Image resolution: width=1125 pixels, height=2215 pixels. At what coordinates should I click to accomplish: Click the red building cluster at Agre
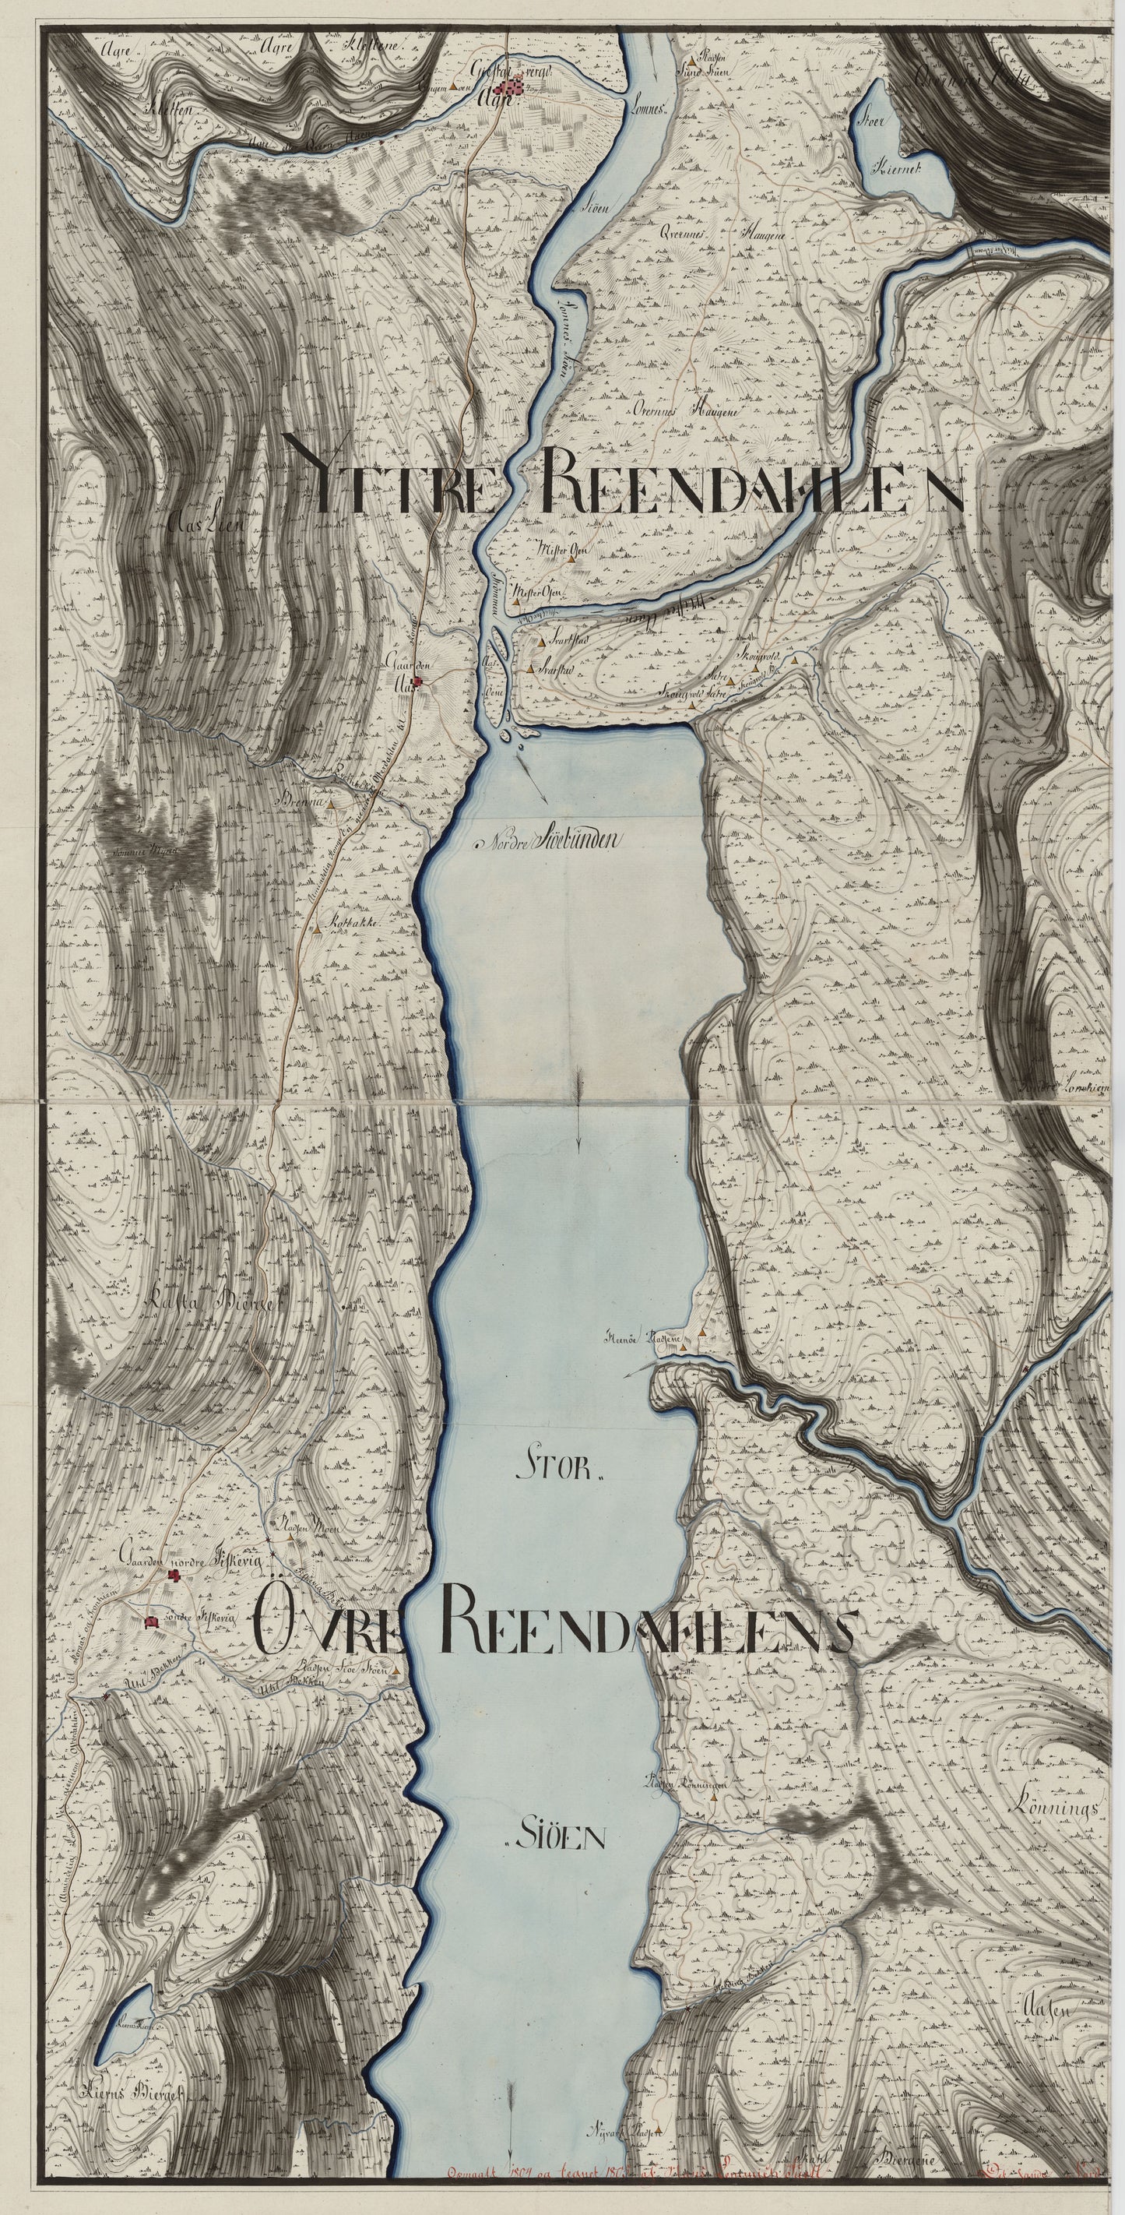pyautogui.click(x=515, y=87)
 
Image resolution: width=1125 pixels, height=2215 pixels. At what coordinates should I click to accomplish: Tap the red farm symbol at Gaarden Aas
pyautogui.click(x=417, y=682)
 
